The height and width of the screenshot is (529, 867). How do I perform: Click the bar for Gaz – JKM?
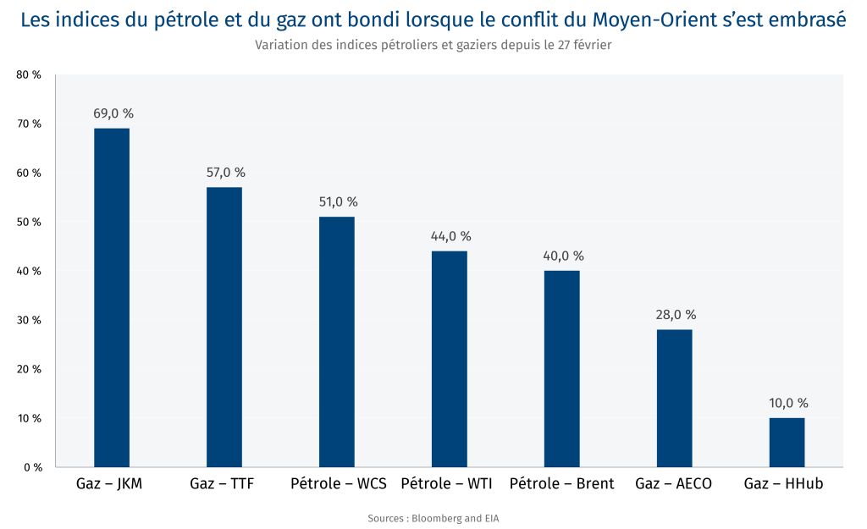click(x=112, y=297)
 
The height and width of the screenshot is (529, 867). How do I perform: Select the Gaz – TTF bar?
click(x=224, y=327)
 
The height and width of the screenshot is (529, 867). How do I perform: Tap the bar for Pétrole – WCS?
click(x=337, y=342)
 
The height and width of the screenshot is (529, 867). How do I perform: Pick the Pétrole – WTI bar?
click(x=450, y=359)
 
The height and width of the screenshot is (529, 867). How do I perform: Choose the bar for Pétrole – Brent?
click(x=562, y=369)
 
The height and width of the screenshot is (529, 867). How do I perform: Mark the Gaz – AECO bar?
click(x=675, y=398)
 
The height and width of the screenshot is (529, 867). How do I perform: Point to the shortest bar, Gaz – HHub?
click(x=787, y=442)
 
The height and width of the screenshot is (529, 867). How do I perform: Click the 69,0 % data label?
click(x=113, y=113)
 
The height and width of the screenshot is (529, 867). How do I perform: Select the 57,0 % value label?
click(x=225, y=173)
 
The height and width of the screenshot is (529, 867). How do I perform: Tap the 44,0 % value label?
click(x=450, y=236)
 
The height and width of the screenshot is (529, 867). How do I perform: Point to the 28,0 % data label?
click(x=676, y=315)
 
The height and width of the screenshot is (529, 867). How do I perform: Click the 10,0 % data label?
click(x=788, y=403)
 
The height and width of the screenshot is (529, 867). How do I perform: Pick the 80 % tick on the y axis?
click(x=29, y=75)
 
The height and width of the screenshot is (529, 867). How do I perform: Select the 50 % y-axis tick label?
click(x=29, y=222)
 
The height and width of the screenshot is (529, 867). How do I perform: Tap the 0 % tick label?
click(x=32, y=467)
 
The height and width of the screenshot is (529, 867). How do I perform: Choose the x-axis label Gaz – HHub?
click(x=783, y=484)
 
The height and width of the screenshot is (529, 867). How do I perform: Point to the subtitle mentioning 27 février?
click(x=433, y=46)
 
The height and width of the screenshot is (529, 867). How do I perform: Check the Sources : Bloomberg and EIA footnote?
click(x=433, y=518)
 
